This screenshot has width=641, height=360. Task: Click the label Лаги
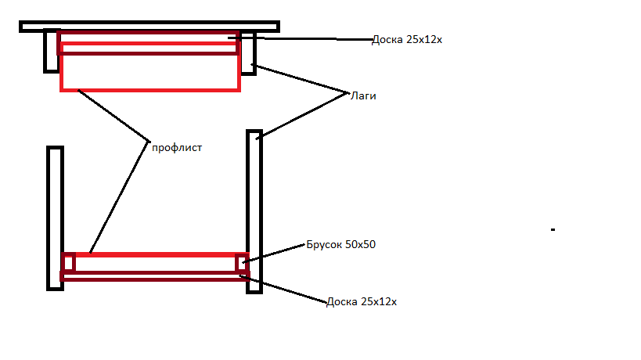364,96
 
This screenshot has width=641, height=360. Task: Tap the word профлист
177,147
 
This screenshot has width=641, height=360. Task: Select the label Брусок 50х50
342,245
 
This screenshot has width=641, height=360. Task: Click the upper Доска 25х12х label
407,40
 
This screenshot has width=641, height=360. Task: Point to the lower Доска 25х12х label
362,301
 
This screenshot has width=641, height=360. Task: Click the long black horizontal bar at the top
149,27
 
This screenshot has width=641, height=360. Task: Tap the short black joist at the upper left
51,52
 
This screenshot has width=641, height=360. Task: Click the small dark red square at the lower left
69,263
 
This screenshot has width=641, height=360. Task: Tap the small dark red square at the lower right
242,263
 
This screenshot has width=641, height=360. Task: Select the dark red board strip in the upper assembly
149,49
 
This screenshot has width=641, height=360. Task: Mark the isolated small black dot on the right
553,230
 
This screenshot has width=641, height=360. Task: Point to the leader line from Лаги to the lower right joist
301,116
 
